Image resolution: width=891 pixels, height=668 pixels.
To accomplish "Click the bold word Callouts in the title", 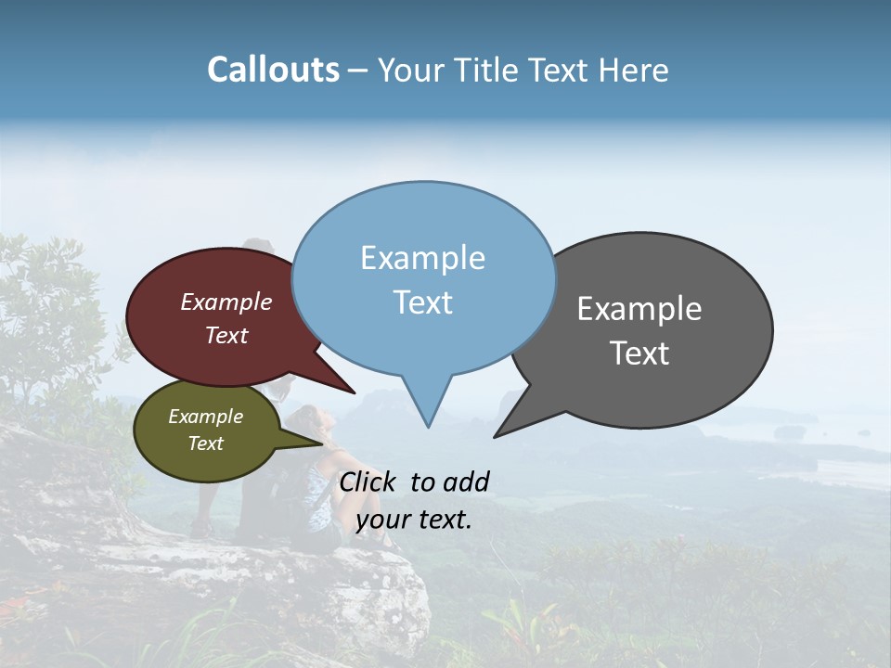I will (273, 70).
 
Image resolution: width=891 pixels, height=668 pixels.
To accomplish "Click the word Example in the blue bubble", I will (422, 258).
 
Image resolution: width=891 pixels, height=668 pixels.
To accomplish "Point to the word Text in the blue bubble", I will (422, 302).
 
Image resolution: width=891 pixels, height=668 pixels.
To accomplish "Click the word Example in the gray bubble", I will (639, 309).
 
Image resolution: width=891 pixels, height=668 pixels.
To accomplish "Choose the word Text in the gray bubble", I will (639, 353).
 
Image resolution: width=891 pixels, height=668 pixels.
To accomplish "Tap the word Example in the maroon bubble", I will (226, 302).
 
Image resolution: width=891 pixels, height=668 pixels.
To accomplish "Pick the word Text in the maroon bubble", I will (226, 335).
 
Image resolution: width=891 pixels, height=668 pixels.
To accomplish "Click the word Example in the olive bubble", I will (205, 417).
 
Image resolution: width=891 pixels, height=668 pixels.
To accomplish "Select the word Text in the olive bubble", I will (205, 443).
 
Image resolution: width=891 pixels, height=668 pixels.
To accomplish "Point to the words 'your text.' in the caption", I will (414, 520).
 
